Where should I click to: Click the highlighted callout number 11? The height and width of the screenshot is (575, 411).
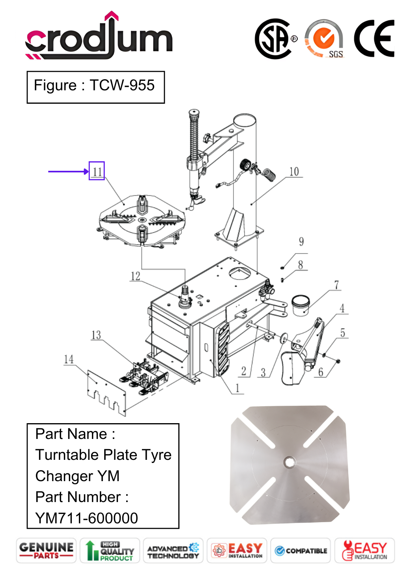click(97, 171)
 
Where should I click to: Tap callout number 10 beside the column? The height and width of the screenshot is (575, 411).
click(294, 172)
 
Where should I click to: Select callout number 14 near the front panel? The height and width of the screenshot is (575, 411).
click(69, 359)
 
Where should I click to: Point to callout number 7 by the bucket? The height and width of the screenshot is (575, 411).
click(336, 285)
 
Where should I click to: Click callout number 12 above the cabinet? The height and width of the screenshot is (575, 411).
click(136, 276)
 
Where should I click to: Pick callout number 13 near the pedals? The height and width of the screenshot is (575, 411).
click(96, 335)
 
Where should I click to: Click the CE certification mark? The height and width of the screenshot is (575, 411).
click(374, 38)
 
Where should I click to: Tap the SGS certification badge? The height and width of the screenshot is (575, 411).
click(324, 39)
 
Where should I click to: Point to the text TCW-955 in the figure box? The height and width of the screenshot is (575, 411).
click(122, 85)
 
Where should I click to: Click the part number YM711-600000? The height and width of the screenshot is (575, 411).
click(86, 518)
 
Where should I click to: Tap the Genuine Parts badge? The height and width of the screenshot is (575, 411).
click(46, 551)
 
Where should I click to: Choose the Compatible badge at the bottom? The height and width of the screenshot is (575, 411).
click(301, 551)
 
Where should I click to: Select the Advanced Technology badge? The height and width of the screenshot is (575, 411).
click(173, 551)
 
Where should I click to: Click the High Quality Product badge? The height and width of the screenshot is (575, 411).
click(110, 551)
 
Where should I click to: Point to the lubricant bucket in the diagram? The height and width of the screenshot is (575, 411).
click(301, 305)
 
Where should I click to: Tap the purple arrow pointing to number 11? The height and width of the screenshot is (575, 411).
click(68, 171)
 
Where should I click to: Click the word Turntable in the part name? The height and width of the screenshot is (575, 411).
click(67, 455)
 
